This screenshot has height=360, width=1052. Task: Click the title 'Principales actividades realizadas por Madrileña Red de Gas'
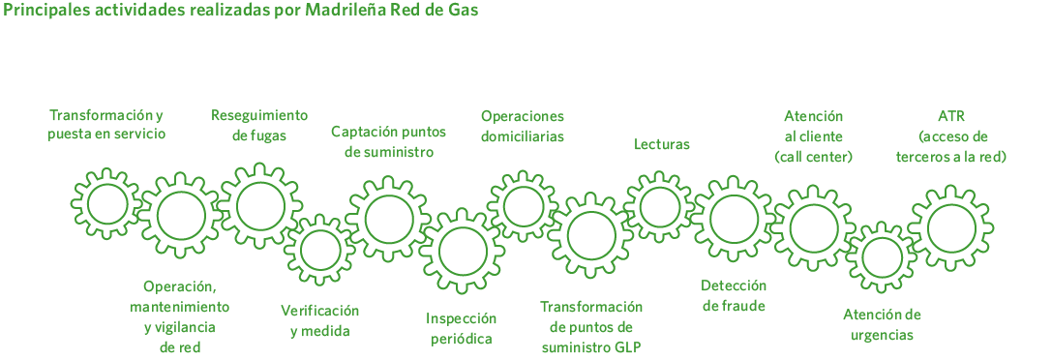click(x=240, y=11)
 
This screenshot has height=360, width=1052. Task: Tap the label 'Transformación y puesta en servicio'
click(x=106, y=125)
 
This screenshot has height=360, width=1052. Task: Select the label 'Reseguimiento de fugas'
click(x=259, y=126)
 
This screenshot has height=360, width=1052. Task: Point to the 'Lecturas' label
click(x=662, y=144)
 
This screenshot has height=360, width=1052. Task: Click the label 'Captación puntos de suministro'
click(x=388, y=141)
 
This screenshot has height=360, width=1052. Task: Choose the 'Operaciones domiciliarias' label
click(x=522, y=126)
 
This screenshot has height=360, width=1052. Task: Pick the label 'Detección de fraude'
click(x=734, y=296)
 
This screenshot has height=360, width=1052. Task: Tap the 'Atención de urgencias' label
click(x=882, y=325)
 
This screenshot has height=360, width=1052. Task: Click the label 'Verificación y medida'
click(x=319, y=321)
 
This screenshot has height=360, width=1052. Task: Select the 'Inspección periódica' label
click(x=461, y=328)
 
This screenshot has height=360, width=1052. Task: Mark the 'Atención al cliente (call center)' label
click(x=813, y=135)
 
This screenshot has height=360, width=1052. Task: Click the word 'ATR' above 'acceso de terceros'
click(x=951, y=116)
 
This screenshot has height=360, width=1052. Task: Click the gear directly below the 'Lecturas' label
click(x=660, y=206)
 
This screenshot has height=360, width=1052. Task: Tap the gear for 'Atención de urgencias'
click(x=881, y=256)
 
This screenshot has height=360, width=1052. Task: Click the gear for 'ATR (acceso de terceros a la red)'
click(x=951, y=228)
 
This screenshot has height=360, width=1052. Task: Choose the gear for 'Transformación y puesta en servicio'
click(x=106, y=204)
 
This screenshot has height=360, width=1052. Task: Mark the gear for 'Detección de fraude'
click(x=734, y=220)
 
